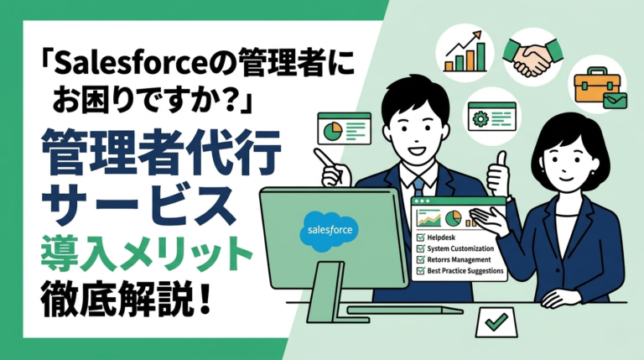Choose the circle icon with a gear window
click(x=492, y=116)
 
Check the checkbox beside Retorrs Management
click(x=421, y=260)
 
